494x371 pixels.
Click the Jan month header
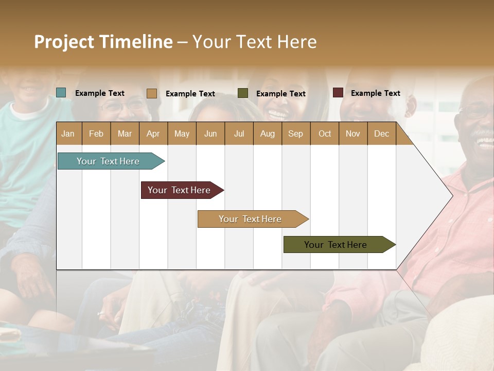[68, 133]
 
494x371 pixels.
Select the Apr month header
[153, 133]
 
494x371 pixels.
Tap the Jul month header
[239, 133]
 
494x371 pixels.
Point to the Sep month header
[295, 133]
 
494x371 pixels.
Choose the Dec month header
[381, 133]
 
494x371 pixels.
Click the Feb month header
[96, 133]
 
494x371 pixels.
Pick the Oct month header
[325, 133]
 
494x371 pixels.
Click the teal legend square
[61, 93]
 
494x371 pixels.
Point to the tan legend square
[152, 93]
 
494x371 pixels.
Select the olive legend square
[243, 93]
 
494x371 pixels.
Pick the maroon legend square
[338, 93]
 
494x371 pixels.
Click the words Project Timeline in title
[103, 42]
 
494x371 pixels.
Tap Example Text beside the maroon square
[375, 93]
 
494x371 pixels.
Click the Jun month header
[210, 133]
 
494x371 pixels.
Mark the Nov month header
[353, 133]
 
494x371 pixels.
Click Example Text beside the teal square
[100, 93]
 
